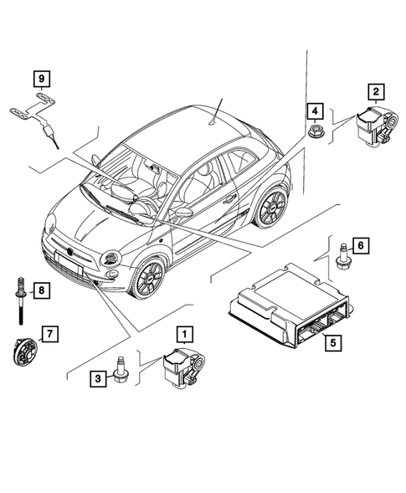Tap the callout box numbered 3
[x=98, y=379]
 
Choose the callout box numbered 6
[x=359, y=245]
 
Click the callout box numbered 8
[x=39, y=290]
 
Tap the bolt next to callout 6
[x=342, y=252]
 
